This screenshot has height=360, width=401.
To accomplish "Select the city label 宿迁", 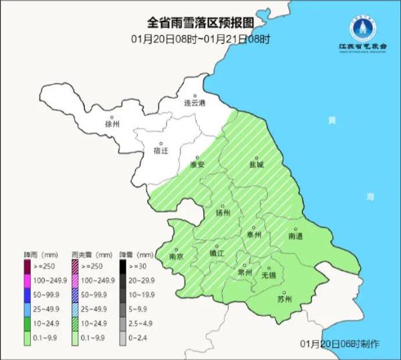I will point(161,151).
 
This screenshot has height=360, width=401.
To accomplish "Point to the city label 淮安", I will point(196,165).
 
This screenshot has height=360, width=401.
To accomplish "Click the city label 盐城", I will point(257,164).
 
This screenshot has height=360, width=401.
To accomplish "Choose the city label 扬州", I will point(223,213).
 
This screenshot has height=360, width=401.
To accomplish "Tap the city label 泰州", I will point(254,235).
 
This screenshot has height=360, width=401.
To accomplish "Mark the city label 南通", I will point(295,236).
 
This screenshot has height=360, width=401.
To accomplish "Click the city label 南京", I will point(176,256).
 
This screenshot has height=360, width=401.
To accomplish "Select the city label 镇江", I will point(217,253).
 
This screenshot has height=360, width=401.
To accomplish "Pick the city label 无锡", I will point(269,274).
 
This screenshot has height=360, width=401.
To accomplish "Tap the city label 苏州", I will point(284,299).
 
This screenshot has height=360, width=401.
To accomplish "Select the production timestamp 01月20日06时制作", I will point(340,344).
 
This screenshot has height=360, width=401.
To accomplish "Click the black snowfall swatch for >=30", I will point(124,266).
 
